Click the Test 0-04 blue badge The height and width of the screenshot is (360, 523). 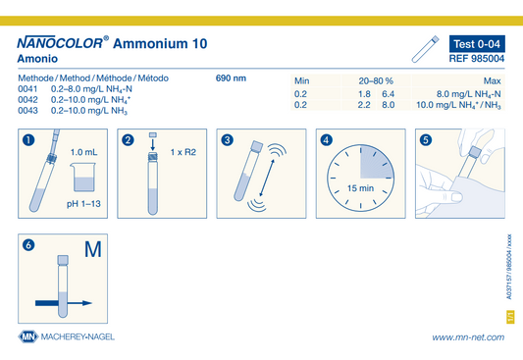coord(477,44)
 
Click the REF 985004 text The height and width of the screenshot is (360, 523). coord(477,59)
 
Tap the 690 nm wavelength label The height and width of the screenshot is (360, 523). coord(231,78)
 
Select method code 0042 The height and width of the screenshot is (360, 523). coord(27,100)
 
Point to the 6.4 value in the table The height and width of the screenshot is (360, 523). coord(389,94)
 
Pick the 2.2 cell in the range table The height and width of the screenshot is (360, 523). coord(364,105)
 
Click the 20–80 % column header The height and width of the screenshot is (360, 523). coord(376,81)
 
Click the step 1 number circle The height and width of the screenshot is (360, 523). coord(28,139)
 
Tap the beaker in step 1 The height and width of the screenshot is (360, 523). coord(83,177)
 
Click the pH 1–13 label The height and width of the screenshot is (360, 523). coord(83,204)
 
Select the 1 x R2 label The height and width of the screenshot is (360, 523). coord(183,152)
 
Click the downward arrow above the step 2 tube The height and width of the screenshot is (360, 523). coord(153,144)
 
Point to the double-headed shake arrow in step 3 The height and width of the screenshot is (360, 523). coord(267,178)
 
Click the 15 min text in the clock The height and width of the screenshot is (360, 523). coord(360,188)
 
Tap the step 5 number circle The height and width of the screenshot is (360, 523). coord(426,139)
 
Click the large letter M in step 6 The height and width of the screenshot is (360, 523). coord(92,249)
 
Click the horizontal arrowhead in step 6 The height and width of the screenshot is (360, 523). coord(87,303)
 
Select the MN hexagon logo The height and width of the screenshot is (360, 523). coord(28,336)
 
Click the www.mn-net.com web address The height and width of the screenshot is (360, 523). coord(468,337)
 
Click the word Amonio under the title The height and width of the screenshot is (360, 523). coord(37,59)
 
